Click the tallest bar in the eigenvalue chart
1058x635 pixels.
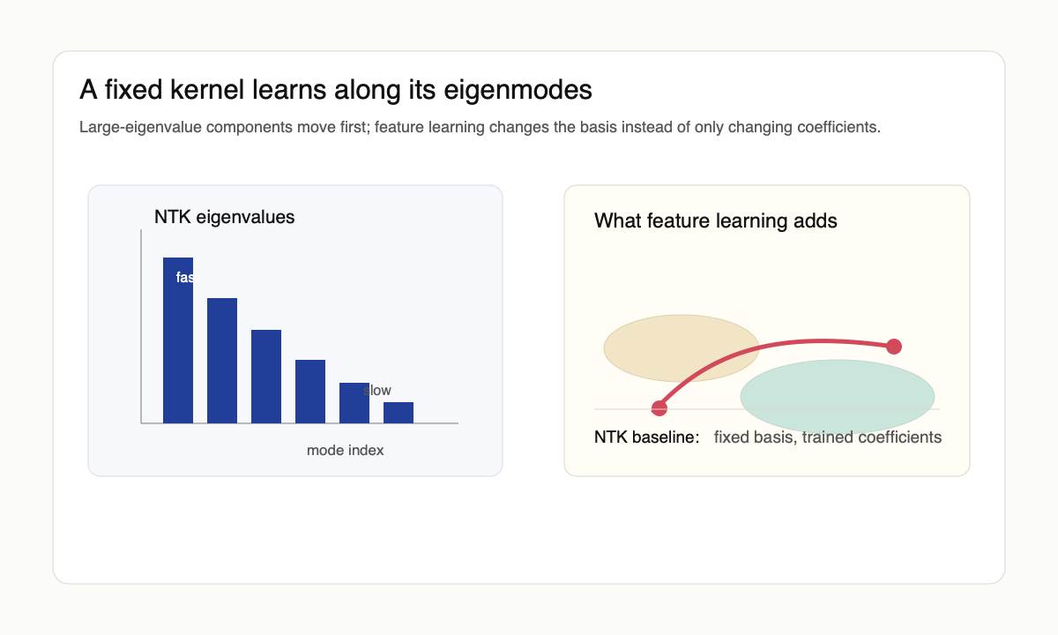pos(178,344)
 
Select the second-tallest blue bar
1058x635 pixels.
pos(222,361)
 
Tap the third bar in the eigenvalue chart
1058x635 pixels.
pos(266,377)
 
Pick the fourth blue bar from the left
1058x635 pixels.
pos(310,392)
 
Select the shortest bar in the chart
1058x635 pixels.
pos(399,413)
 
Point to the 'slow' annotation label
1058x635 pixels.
pos(377,391)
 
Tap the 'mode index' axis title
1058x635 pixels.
pos(345,451)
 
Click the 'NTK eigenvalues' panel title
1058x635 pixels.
pos(224,217)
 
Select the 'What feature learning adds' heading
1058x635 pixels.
pos(715,220)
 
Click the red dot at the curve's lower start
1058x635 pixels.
pos(659,407)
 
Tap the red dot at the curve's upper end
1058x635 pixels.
pos(894,346)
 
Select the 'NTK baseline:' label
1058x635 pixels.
pos(646,437)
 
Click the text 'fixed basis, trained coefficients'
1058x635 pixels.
pos(827,437)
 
